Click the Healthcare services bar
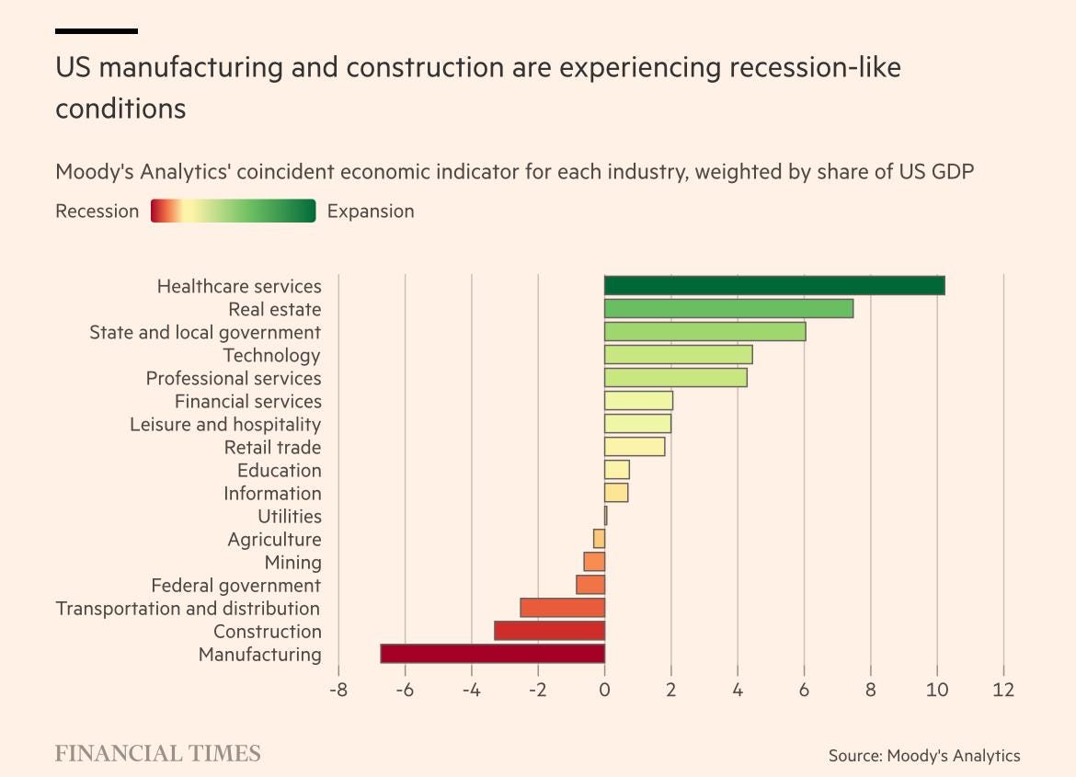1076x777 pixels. [774, 286]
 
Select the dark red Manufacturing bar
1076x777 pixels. [493, 654]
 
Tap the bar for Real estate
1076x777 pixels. [728, 309]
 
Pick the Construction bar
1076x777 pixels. [549, 631]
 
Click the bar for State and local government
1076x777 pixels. [704, 332]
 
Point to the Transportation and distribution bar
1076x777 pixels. [562, 608]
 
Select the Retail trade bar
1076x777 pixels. [635, 447]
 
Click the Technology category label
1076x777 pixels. [271, 355]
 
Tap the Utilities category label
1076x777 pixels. [289, 516]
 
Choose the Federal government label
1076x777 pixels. [235, 585]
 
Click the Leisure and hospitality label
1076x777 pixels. [225, 424]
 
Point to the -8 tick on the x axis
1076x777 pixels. [338, 689]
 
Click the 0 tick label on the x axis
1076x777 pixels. [604, 689]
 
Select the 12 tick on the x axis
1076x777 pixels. [1003, 689]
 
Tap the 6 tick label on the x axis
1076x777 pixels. [804, 689]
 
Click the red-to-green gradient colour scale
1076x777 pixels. [233, 211]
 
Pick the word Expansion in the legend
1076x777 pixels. [371, 211]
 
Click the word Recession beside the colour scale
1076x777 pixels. [97, 211]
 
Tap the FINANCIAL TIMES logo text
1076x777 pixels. [157, 754]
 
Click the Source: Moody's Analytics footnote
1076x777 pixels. [923, 756]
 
